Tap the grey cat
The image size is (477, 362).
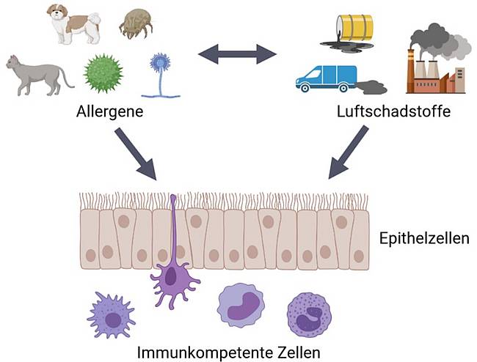(x=37, y=73)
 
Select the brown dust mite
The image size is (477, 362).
(x=137, y=24)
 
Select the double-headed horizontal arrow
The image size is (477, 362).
(x=236, y=53)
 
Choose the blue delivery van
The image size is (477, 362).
(x=326, y=78)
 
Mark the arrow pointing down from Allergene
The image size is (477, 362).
(x=139, y=155)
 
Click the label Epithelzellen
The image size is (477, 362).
(x=424, y=239)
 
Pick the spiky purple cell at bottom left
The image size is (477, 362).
(x=111, y=314)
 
